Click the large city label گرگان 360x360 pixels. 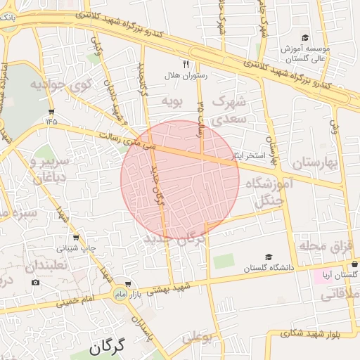pyautogui.click(x=107, y=347)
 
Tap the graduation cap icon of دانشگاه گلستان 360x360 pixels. pyautogui.click(x=269, y=258)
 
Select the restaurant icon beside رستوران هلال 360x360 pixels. pyautogui.click(x=186, y=63)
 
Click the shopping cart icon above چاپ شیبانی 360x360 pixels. pyautogui.click(x=76, y=238)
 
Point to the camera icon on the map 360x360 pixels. pyautogui.click(x=36, y=282)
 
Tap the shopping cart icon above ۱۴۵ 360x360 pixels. pyautogui.click(x=51, y=112)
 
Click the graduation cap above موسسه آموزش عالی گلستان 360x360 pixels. pyautogui.click(x=305, y=37)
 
